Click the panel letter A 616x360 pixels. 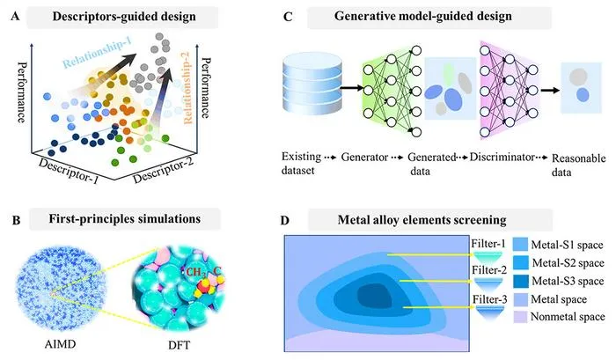pyautogui.click(x=15, y=17)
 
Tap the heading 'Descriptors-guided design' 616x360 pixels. pyautogui.click(x=124, y=17)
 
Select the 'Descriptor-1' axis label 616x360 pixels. pyautogui.click(x=69, y=170)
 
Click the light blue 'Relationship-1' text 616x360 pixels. pyautogui.click(x=97, y=51)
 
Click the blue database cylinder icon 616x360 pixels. pyautogui.click(x=312, y=84)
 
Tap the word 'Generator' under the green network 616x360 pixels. pyautogui.click(x=364, y=158)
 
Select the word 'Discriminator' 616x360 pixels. pyautogui.click(x=502, y=158)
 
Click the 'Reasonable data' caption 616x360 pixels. pyautogui.click(x=578, y=165)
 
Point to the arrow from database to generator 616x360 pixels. pyautogui.click(x=352, y=88)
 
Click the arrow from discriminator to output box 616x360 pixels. pyautogui.click(x=550, y=91)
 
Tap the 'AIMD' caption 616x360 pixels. pyautogui.click(x=60, y=344)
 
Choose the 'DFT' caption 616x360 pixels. pyautogui.click(x=179, y=345)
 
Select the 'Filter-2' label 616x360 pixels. pyautogui.click(x=489, y=270)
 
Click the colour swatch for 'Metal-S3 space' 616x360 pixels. pyautogui.click(x=520, y=281)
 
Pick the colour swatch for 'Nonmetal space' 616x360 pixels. pyautogui.click(x=520, y=317)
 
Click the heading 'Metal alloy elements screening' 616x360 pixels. pyautogui.click(x=422, y=219)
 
